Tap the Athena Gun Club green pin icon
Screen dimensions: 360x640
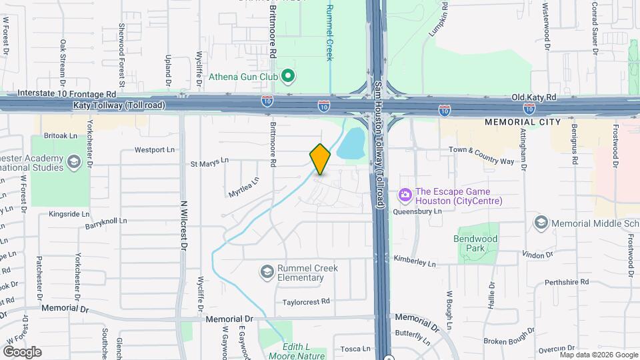click(x=288, y=77)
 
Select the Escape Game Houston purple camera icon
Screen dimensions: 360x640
click(x=404, y=195)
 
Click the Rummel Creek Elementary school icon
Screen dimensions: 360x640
click(x=267, y=272)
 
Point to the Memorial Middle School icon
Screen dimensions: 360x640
click(x=541, y=222)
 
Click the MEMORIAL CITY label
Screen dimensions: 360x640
click(x=519, y=123)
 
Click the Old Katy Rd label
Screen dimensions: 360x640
click(x=533, y=97)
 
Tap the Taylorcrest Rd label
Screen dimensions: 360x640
click(x=306, y=301)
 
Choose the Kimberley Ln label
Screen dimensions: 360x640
click(x=414, y=261)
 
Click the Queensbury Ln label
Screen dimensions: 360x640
click(x=418, y=211)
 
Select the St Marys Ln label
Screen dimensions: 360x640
click(x=209, y=161)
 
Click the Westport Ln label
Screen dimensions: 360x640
click(x=154, y=150)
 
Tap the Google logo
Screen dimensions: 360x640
click(x=22, y=351)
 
